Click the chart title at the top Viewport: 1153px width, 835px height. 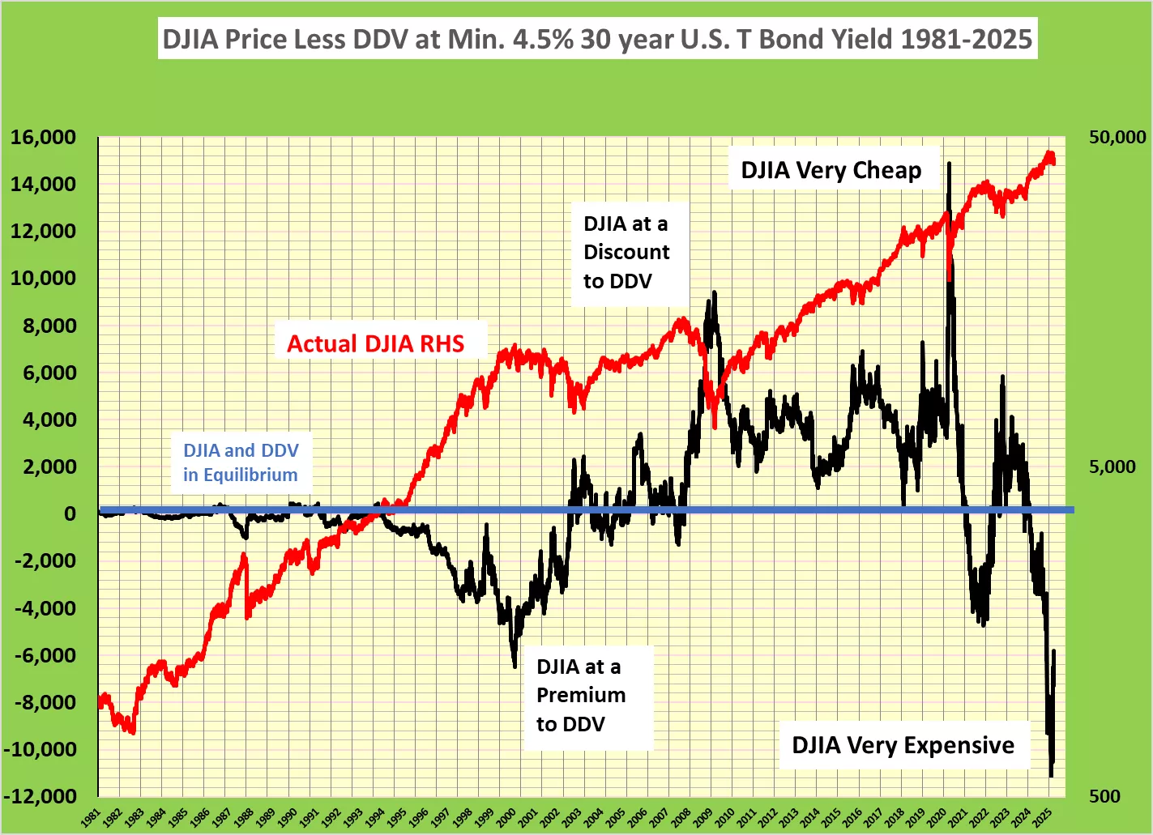pyautogui.click(x=597, y=39)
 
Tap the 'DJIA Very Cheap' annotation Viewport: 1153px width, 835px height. pyautogui.click(x=831, y=170)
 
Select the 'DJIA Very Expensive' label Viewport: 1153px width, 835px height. pyautogui.click(x=903, y=745)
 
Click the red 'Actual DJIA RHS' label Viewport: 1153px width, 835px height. pyautogui.click(x=375, y=343)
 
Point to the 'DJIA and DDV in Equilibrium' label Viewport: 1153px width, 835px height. pyautogui.click(x=241, y=462)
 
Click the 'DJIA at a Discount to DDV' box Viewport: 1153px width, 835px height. pyautogui.click(x=626, y=253)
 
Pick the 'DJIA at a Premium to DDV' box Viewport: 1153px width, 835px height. pyautogui.click(x=581, y=696)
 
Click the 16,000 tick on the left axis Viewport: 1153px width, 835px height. pyautogui.click(x=44, y=137)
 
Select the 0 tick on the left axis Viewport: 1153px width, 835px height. pyautogui.click(x=70, y=513)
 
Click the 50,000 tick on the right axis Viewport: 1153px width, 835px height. pyautogui.click(x=1117, y=137)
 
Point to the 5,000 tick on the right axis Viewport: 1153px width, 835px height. pyautogui.click(x=1112, y=466)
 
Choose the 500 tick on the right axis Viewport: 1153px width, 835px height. pyautogui.click(x=1104, y=796)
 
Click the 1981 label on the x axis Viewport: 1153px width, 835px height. pyautogui.click(x=92, y=817)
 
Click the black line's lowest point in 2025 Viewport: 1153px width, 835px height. pyautogui.click(x=1051, y=776)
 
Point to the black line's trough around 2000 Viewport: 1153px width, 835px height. pyautogui.click(x=515, y=666)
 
